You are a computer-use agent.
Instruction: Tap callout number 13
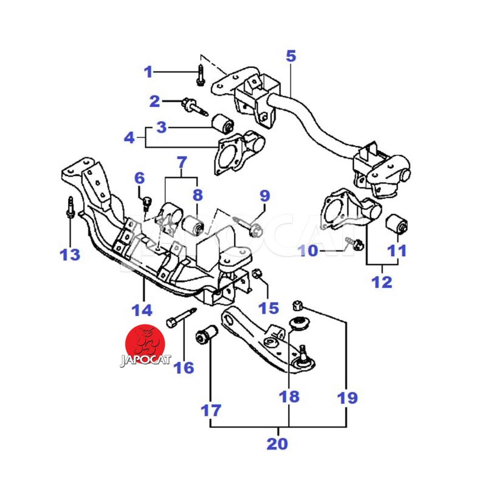[70, 253]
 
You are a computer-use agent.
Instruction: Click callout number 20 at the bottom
[277, 443]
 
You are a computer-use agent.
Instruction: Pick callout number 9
[264, 196]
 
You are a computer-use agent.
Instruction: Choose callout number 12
[382, 282]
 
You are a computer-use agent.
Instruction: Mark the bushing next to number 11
[398, 224]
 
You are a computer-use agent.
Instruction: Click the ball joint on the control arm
[303, 359]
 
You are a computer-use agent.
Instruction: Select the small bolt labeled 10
[354, 244]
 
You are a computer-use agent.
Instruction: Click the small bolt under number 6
[146, 201]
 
